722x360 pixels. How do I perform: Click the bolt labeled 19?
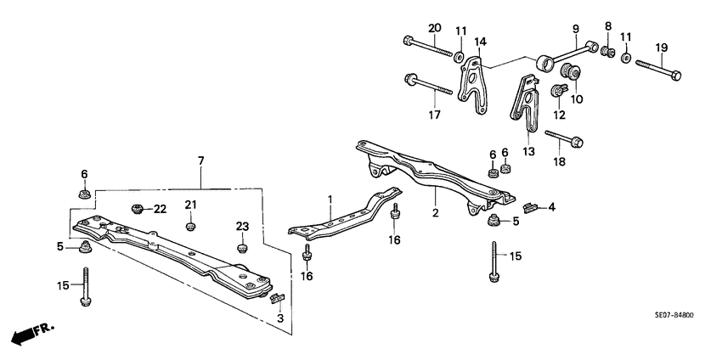(x=663, y=70)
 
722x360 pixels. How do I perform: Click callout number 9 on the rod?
(x=575, y=29)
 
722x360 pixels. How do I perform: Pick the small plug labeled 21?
(x=191, y=226)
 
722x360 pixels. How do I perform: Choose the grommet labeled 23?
(x=241, y=248)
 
